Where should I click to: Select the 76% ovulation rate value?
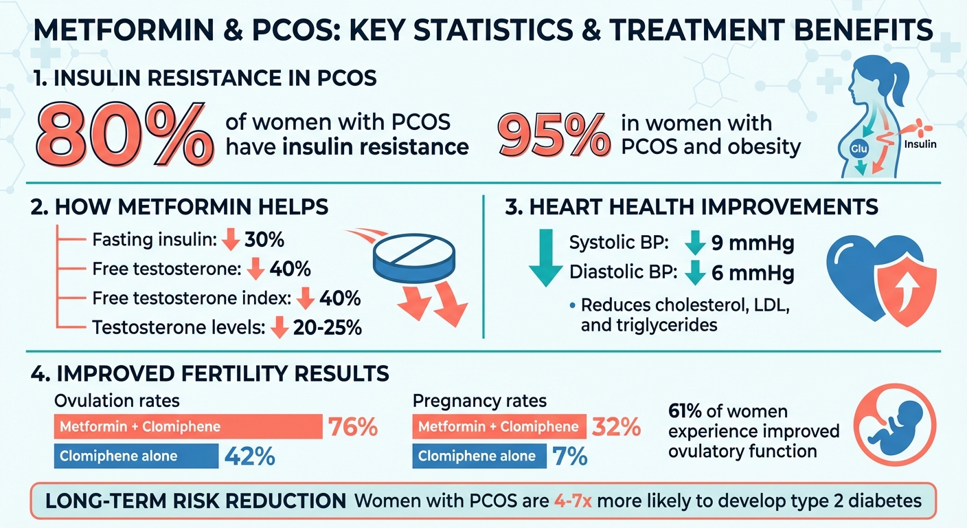353,427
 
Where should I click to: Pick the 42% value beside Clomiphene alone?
247,456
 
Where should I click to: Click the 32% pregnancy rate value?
616,427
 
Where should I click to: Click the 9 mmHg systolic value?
752,243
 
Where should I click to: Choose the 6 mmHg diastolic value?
752,273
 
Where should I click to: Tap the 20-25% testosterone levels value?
326,328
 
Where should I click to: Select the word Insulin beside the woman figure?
920,145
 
